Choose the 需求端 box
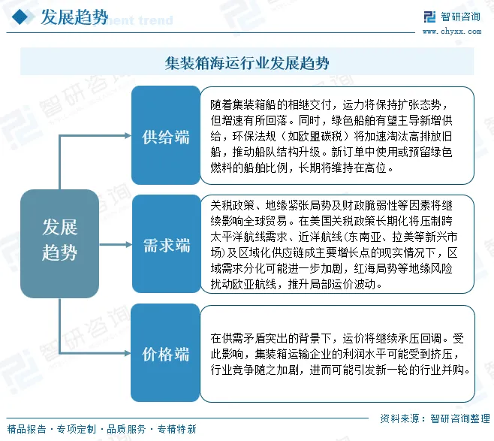click(166, 245)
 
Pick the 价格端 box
click(166, 354)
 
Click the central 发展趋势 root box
click(59, 239)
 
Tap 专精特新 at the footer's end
click(176, 430)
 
